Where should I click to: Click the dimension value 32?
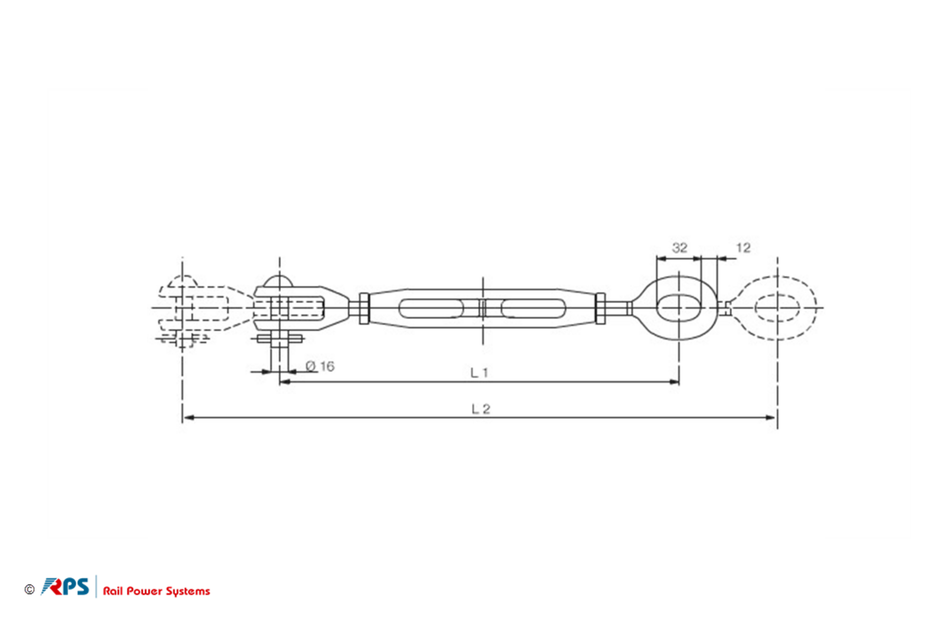pyautogui.click(x=679, y=248)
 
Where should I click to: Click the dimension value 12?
pyautogui.click(x=743, y=248)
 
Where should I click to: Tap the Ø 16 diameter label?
pyautogui.click(x=320, y=366)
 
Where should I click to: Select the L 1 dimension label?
pyautogui.click(x=479, y=373)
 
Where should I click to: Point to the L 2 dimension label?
pyautogui.click(x=481, y=409)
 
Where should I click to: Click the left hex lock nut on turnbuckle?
pyautogui.click(x=364, y=308)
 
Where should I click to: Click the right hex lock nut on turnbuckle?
pyautogui.click(x=600, y=308)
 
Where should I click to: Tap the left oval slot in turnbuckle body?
pyautogui.click(x=431, y=308)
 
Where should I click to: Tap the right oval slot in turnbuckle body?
pyautogui.click(x=533, y=308)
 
